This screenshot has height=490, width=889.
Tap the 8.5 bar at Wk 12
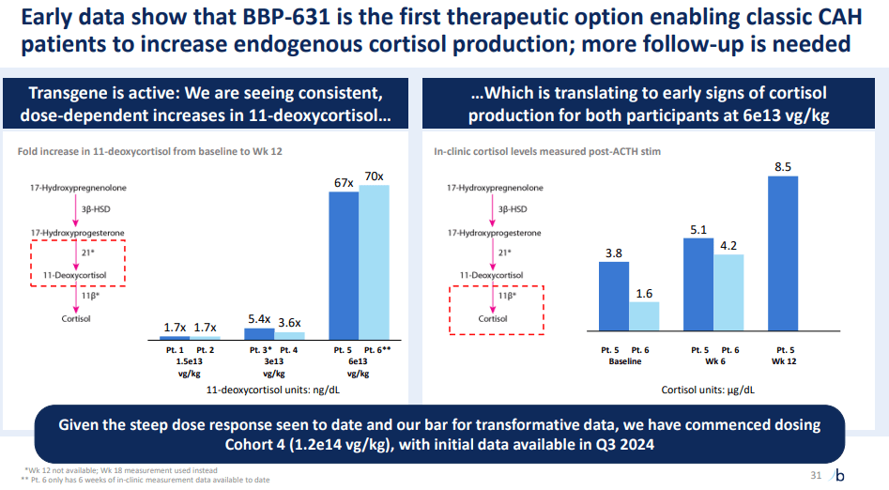[x=783, y=253]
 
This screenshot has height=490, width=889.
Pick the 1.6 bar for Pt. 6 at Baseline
[x=645, y=316]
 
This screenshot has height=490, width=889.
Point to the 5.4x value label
[x=260, y=319]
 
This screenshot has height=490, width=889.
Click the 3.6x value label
[x=290, y=323]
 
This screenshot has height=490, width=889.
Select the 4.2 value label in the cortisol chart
[x=728, y=246]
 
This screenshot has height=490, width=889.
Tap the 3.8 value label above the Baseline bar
[x=613, y=253]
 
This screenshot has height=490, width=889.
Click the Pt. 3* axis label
[x=260, y=349]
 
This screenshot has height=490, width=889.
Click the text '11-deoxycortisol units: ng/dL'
[x=272, y=389]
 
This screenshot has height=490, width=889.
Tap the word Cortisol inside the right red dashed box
[x=492, y=318]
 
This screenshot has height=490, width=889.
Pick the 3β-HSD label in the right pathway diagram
[x=512, y=209]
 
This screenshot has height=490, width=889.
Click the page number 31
[x=815, y=476]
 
